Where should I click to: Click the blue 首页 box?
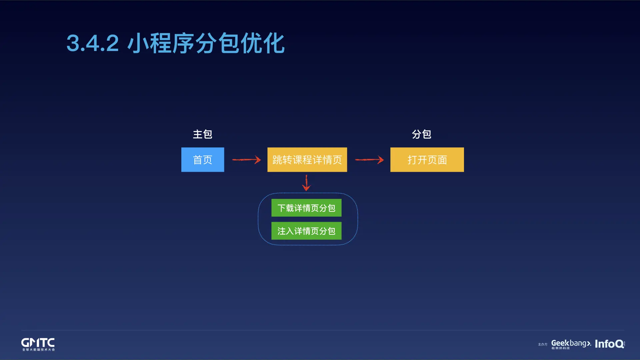[x=202, y=160]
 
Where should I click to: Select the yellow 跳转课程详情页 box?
[x=307, y=160]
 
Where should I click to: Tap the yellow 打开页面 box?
[x=427, y=160]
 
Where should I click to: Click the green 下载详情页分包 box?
[x=306, y=208]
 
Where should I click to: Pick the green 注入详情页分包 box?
[x=306, y=231]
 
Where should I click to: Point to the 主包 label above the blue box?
[x=202, y=134]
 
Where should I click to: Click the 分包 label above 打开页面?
[x=422, y=134]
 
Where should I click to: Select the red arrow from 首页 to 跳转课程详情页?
[x=246, y=160]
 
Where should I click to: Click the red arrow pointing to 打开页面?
[x=369, y=160]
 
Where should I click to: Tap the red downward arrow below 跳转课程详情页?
[x=306, y=183]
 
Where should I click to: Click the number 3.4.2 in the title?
[x=93, y=43]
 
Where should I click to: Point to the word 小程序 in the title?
[x=161, y=43]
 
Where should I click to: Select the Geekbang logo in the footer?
[x=571, y=343]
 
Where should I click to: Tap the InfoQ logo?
[x=609, y=344]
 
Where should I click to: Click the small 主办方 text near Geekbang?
[x=542, y=344]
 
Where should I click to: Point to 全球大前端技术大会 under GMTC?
[x=38, y=350]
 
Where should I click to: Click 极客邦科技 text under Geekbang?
[x=560, y=348]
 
